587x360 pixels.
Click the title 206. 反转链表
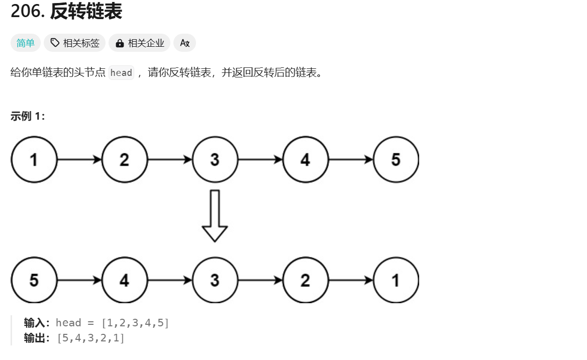point(66,12)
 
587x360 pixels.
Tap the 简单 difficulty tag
point(25,43)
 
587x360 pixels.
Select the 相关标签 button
point(75,43)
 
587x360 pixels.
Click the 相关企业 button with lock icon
point(140,43)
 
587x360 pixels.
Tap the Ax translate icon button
point(184,43)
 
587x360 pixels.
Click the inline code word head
point(121,73)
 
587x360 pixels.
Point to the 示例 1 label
point(28,116)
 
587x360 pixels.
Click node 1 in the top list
point(34,160)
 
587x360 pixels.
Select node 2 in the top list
point(124,160)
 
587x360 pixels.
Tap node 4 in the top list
point(305,160)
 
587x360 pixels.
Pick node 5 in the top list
point(396,160)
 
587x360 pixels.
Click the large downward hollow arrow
point(215,215)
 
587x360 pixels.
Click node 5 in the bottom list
point(34,280)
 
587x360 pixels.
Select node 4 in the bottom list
point(124,280)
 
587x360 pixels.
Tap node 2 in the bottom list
point(305,280)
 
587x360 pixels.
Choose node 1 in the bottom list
point(396,280)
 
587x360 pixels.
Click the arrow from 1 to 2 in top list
point(79,160)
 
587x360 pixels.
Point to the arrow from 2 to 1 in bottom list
point(351,280)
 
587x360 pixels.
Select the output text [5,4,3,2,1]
point(91,338)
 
